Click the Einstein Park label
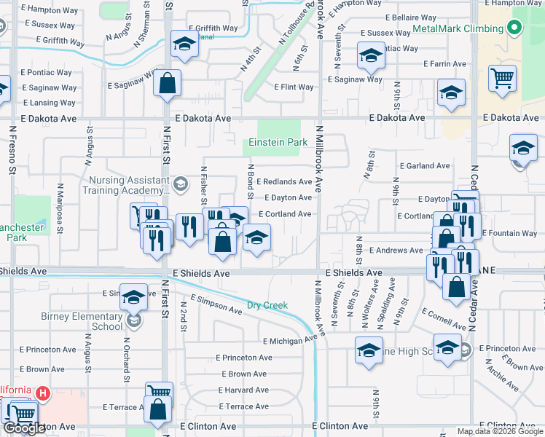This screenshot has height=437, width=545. pyautogui.click(x=278, y=143)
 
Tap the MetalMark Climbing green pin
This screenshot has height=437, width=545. pyautogui.click(x=514, y=28)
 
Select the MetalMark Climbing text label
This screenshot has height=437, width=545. pyautogui.click(x=458, y=28)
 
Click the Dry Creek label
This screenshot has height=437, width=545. pyautogui.click(x=267, y=305)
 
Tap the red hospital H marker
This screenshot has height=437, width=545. pyautogui.click(x=42, y=394)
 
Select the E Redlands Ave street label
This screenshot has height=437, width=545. pyautogui.click(x=284, y=181)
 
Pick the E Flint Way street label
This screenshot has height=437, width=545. pyautogui.click(x=294, y=87)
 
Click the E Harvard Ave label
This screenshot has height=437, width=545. pyautogui.click(x=243, y=390)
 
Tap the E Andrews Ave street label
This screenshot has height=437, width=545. pyautogui.click(x=396, y=251)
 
